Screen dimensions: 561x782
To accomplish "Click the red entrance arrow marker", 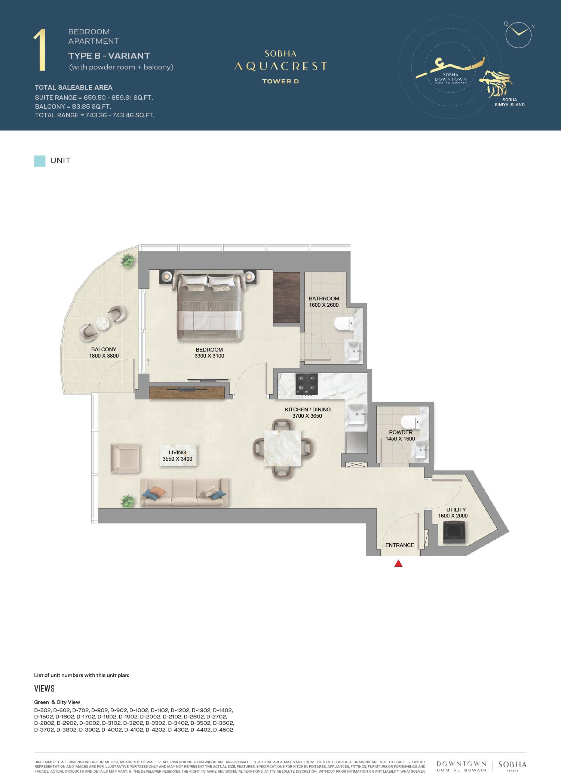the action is pos(398,563).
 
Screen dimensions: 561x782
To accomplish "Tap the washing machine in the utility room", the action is pos(454,532).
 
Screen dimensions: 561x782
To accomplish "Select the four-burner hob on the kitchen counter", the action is pos(307,384).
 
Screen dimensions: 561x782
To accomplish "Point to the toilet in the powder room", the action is pos(410,423).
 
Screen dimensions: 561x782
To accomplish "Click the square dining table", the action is pos(282,448).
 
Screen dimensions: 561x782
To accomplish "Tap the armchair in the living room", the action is pos(125,458).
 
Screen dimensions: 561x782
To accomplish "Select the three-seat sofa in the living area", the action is pos(184,493).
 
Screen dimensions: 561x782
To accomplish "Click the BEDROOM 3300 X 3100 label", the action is pos(209,353).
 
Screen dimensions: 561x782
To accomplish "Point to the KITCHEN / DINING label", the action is pos(308,409).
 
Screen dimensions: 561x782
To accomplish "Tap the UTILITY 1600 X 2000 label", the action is pos(453,513).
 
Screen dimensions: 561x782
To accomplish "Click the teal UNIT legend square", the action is pos(40,161).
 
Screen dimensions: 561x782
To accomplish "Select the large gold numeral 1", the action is pos(40,50).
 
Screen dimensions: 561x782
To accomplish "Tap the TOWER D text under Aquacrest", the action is pos(280,81).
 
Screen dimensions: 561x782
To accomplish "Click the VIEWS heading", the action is pos(44,689).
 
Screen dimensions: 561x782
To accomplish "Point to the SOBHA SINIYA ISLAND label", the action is pos(509,102).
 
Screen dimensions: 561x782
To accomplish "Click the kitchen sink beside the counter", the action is pos(356,414).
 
